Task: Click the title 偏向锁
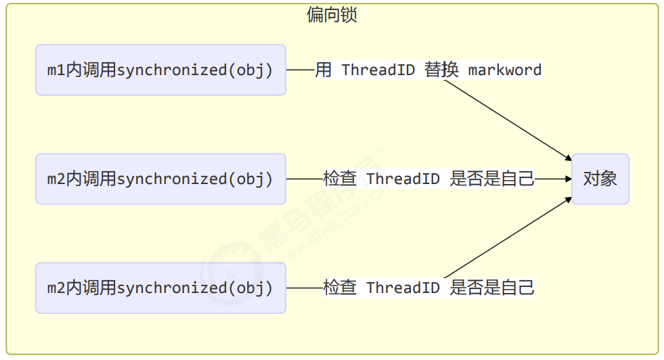[332, 15]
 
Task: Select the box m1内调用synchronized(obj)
[160, 70]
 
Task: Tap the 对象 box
[600, 179]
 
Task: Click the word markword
[504, 70]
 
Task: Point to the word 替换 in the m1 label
[441, 70]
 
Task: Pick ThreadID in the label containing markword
[378, 70]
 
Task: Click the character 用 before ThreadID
[323, 70]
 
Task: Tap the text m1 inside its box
[56, 70]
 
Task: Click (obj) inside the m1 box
[250, 70]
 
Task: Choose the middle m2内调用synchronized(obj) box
[160, 179]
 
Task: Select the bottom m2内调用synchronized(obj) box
[160, 288]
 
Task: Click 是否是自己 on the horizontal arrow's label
[492, 179]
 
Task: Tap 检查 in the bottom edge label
[340, 288]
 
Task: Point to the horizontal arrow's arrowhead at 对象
[567, 179]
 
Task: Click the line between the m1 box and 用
[300, 70]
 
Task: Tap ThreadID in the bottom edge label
[403, 288]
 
